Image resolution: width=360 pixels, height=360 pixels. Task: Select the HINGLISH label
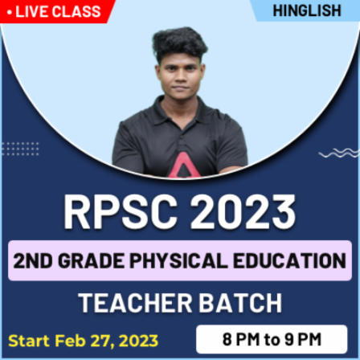pos(307,10)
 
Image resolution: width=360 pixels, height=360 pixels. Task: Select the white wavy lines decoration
pos(337,152)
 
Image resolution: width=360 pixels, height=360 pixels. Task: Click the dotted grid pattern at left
pos(19,149)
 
